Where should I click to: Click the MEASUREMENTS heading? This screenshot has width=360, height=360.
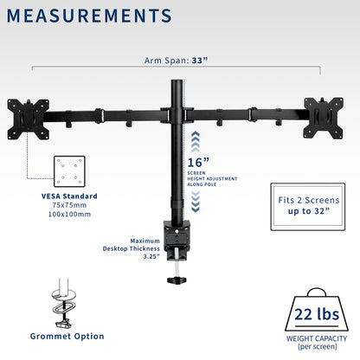[89, 16]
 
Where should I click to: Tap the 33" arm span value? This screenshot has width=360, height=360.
[200, 61]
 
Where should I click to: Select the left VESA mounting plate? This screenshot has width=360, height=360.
[29, 119]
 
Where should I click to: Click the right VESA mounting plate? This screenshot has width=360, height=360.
[324, 118]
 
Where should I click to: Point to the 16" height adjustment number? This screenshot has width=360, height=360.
[198, 163]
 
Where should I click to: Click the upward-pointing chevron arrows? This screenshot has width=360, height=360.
[196, 142]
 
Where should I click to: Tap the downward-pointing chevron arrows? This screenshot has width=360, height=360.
[196, 202]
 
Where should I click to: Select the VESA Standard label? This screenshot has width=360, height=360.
[69, 196]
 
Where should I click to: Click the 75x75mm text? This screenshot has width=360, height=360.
[69, 205]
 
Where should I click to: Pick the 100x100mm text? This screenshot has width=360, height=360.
[69, 214]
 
